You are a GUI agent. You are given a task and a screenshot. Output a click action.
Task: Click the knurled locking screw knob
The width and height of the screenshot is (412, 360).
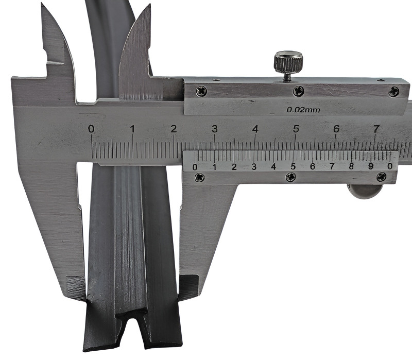pyautogui.click(x=288, y=62)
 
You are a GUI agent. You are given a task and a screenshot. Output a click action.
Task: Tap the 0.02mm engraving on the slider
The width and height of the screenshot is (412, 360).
pyautogui.click(x=303, y=110)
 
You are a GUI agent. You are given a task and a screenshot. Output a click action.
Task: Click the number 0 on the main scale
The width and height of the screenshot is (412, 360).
pyautogui.click(x=91, y=129)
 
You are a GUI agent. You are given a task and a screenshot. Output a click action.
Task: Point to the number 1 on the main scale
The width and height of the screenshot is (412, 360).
pyautogui.click(x=132, y=129)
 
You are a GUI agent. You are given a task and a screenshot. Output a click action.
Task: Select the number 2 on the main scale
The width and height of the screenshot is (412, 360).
pyautogui.click(x=174, y=129)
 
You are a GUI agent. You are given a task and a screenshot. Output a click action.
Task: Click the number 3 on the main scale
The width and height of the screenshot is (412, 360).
pyautogui.click(x=215, y=129)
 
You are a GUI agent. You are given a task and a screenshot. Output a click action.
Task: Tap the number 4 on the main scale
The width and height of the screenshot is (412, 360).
pyautogui.click(x=255, y=129)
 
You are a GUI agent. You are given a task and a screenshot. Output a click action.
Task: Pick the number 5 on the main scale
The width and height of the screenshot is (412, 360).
pyautogui.click(x=296, y=129)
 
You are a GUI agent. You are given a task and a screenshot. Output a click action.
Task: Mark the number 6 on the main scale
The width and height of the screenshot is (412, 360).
pyautogui.click(x=336, y=129)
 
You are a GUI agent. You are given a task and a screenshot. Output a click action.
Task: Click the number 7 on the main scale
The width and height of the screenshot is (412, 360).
pyautogui.click(x=376, y=129)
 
